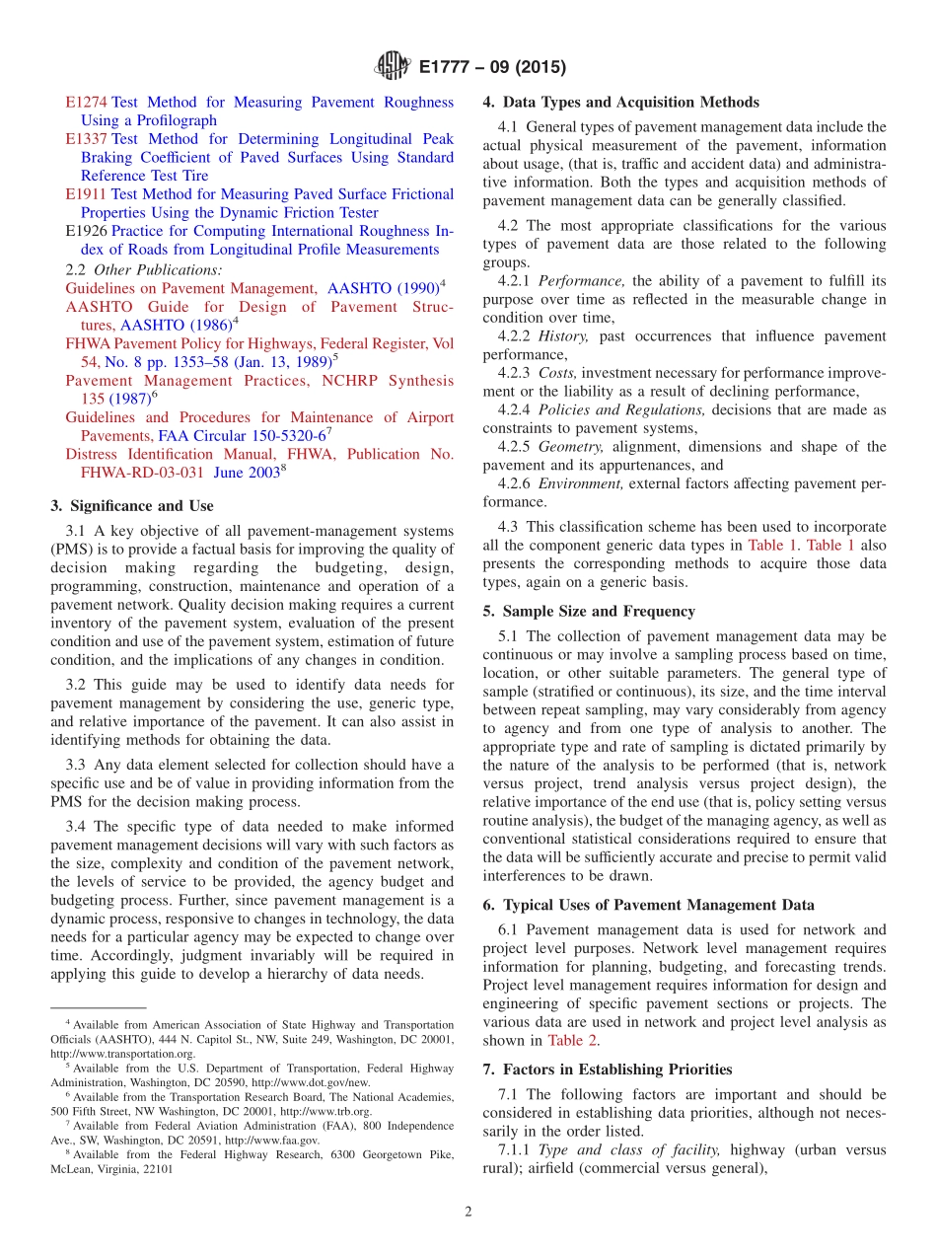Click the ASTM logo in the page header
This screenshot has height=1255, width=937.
pos(393,67)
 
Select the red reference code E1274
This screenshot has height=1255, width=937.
pos(86,103)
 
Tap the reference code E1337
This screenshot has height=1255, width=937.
pos(87,139)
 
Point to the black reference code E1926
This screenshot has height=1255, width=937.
pos(87,232)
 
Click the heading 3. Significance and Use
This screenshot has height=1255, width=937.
pos(131,506)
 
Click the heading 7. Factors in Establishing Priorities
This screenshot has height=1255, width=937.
pos(608,1070)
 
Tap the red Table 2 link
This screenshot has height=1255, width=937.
pos(572,1040)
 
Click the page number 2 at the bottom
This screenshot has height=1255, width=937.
pos(468,1212)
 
